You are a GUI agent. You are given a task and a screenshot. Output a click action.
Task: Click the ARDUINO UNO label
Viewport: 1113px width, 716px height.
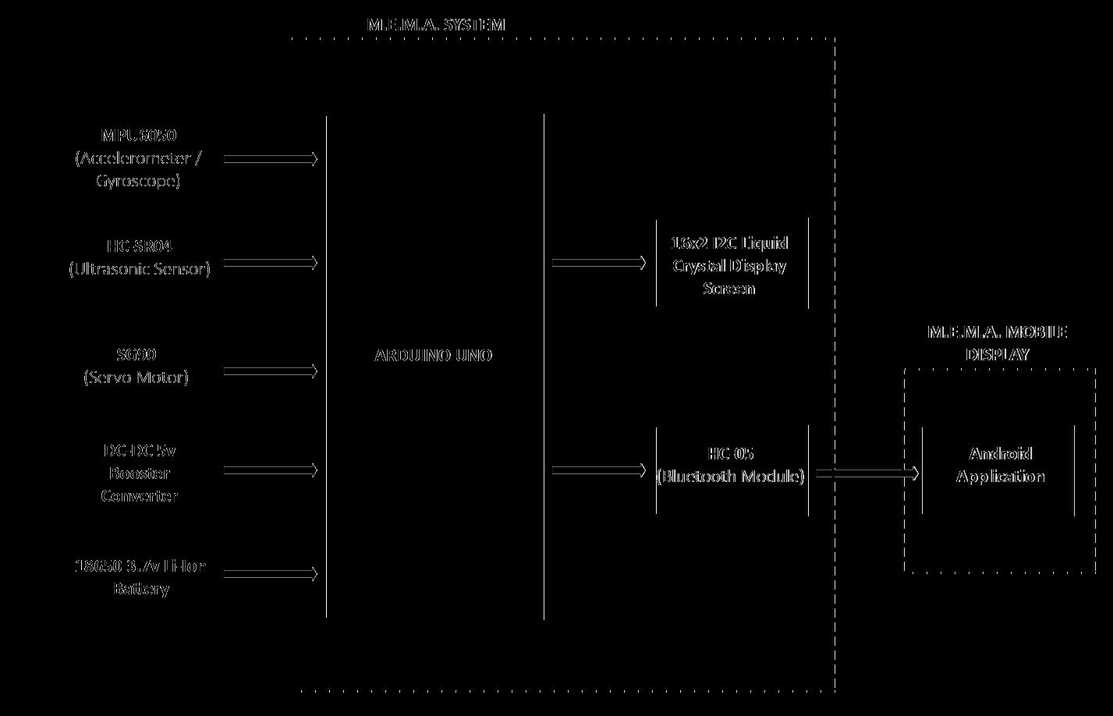pos(434,356)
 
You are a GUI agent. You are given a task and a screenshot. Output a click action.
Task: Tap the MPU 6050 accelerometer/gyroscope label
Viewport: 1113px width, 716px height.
pos(139,158)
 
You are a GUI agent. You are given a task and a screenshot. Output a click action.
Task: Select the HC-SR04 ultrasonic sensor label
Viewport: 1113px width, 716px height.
pos(140,257)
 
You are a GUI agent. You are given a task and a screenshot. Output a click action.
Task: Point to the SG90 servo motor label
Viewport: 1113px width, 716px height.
pos(136,366)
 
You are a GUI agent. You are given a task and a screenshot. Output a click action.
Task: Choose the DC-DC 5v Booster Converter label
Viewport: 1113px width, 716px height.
pos(140,473)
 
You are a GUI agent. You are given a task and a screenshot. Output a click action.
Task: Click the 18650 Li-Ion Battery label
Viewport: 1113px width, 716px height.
pos(140,576)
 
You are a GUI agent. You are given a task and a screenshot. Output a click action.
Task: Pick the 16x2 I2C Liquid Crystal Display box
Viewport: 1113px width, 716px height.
pos(731,265)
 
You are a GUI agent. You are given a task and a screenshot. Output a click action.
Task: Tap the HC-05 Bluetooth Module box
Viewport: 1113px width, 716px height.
pos(731,466)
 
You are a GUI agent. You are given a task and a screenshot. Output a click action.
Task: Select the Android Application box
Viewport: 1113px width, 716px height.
pos(1000,466)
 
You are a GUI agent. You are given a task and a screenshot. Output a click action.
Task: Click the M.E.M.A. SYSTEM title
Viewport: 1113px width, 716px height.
pos(436,24)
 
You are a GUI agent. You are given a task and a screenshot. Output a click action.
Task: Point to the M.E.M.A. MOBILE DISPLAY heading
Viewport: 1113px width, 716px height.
pos(998,342)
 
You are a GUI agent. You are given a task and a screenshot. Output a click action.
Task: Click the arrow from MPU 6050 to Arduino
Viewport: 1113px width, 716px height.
pos(271,159)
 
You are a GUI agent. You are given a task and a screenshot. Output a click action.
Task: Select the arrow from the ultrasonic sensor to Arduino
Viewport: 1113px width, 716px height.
pos(271,264)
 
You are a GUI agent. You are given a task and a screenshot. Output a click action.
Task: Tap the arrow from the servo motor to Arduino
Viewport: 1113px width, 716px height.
pos(271,372)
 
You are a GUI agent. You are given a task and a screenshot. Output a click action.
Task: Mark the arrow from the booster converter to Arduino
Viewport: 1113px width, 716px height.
pos(271,470)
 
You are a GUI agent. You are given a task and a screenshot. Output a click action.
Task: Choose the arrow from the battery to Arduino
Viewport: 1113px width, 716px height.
pos(271,574)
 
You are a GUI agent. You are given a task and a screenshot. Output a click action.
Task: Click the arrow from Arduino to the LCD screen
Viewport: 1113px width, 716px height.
pos(599,264)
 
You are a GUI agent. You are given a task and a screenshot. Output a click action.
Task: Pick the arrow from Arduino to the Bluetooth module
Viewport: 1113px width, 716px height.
pos(599,470)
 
